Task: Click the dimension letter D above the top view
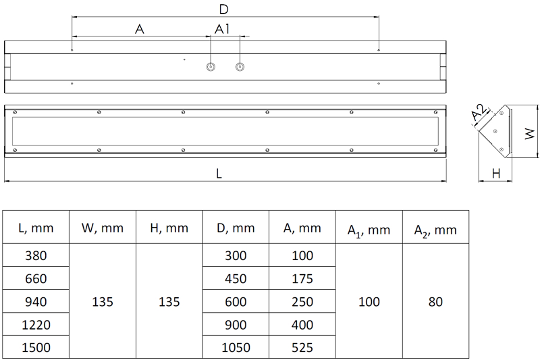coord(223,9)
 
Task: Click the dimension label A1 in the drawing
coord(222,29)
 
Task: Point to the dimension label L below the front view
coord(219,174)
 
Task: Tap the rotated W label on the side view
coord(530,134)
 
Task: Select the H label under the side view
coord(496,174)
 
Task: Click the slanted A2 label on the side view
coord(479,112)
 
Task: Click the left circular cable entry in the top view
coord(211,67)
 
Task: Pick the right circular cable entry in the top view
coord(240,67)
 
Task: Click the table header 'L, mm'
coord(36,228)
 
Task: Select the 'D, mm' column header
coord(236,228)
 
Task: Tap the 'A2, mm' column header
coord(435,230)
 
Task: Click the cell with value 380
coord(36,255)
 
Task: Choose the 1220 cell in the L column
coord(36,325)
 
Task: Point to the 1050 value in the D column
coord(236,348)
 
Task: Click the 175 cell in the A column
coord(302,279)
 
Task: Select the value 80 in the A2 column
coord(435,302)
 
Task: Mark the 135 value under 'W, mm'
coord(103,302)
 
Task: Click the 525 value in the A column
coord(302,348)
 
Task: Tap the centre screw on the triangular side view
coord(495,131)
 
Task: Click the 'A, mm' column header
coord(302,228)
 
